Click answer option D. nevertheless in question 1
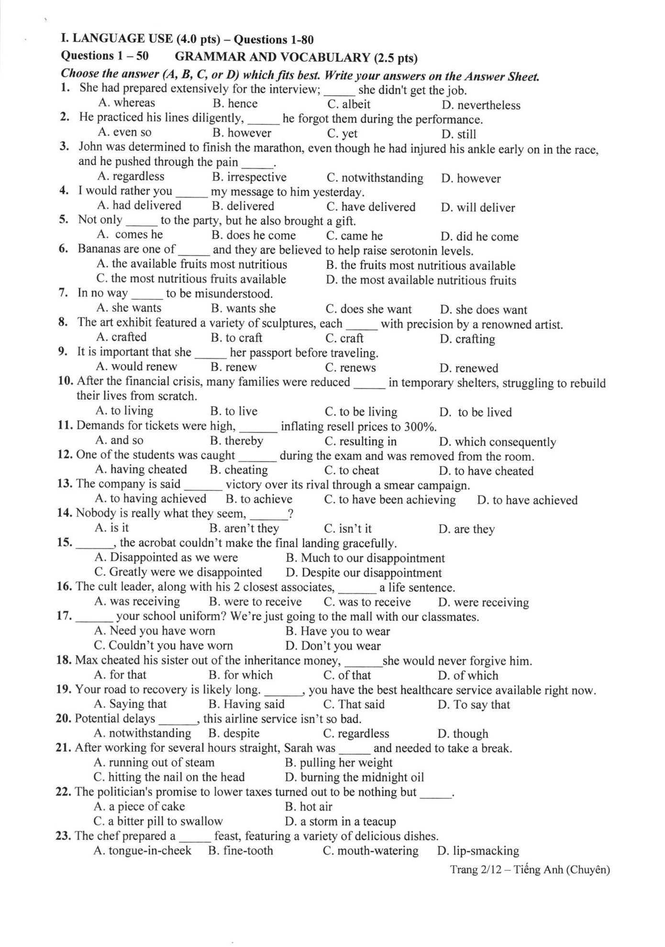coord(481,105)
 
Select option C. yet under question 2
coord(342,134)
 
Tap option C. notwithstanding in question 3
coord(375,178)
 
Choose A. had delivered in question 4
coord(139,206)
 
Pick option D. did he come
coord(479,236)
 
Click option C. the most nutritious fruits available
coord(191,279)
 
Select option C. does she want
coord(368,309)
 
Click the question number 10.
coord(65,381)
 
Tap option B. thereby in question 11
coord(237,441)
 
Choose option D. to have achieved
coord(527,500)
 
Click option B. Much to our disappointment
coord(365,558)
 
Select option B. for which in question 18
coord(241,675)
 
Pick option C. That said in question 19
coord(354,704)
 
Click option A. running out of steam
coord(154,762)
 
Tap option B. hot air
coord(309,806)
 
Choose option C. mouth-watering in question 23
coord(371,850)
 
